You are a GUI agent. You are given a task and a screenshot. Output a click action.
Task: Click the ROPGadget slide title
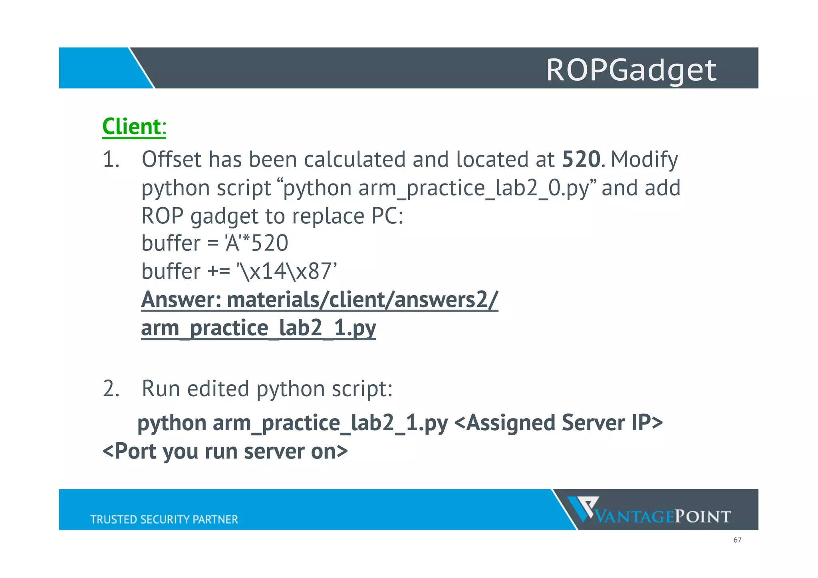pos(631,70)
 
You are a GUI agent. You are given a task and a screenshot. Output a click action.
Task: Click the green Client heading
pos(131,127)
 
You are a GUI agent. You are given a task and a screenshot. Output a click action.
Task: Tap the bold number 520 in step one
pos(581,159)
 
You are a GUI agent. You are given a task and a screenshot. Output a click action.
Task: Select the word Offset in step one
pos(171,159)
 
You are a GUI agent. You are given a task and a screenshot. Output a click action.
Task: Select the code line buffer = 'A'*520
pos(214,243)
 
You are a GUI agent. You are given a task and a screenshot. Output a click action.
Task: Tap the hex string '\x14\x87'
pos(287,271)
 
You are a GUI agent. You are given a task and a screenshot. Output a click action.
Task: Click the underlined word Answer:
pos(181,300)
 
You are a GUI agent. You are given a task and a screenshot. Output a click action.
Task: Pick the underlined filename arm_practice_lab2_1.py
pos(258,328)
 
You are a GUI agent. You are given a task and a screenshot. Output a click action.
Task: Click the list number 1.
pos(111,160)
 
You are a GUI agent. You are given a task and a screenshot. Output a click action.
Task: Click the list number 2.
pos(111,389)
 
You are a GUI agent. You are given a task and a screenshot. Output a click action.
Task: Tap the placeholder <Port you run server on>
pos(225,451)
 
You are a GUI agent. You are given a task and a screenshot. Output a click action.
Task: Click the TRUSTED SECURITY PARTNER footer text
pos(164,519)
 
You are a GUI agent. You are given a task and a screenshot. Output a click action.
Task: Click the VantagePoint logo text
pos(663,517)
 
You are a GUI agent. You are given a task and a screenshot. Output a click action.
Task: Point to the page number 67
pos(737,540)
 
